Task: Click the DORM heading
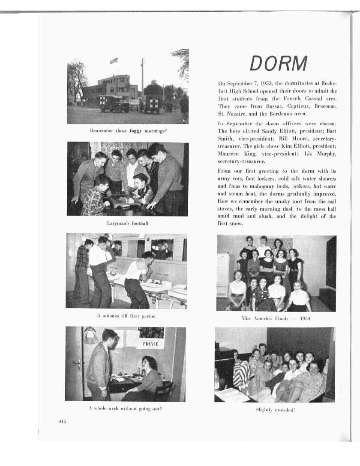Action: [279, 64]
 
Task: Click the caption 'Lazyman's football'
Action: [127, 223]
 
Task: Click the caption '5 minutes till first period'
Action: [126, 316]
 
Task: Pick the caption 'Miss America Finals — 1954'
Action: [276, 319]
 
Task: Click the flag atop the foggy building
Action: [114, 61]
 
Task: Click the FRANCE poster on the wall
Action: [150, 344]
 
